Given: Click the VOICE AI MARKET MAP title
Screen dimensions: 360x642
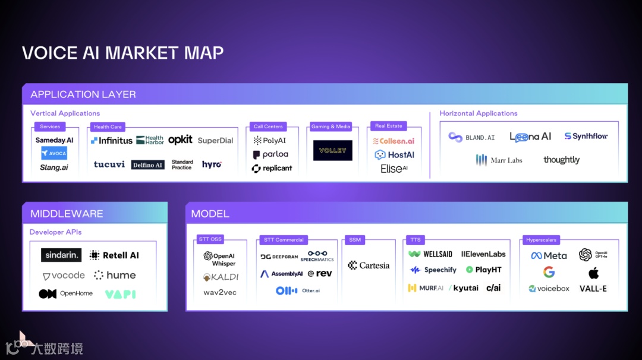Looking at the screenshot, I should click(x=122, y=53).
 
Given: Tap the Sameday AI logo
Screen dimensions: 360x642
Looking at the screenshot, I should click(x=54, y=140).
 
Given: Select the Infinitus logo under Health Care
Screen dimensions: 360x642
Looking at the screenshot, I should click(x=112, y=141).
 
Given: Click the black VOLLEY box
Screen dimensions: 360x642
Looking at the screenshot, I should click(x=333, y=150).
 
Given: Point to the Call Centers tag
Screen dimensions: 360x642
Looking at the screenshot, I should click(x=268, y=127).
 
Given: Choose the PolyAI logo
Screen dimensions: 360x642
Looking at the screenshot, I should click(x=270, y=141).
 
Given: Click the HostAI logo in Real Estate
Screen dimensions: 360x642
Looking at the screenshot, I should click(x=394, y=155).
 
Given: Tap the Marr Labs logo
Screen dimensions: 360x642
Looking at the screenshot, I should click(x=499, y=160).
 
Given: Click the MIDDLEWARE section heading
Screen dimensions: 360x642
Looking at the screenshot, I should click(x=67, y=214).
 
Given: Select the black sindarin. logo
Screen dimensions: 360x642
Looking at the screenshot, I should click(x=61, y=255).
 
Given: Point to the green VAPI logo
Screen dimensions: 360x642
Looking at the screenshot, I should click(x=120, y=294).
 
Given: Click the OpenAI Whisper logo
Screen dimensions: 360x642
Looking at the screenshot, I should click(x=219, y=260).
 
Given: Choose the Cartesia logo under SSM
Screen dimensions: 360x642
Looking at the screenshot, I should click(x=369, y=266).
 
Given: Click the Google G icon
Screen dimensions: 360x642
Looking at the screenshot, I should click(x=549, y=273).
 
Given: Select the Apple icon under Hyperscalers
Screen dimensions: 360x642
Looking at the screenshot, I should click(x=593, y=273).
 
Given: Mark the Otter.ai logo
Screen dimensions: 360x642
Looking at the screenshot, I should click(x=298, y=290).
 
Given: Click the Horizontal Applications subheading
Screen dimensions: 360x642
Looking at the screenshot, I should click(x=479, y=113).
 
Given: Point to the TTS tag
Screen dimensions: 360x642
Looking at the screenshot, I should click(x=415, y=240).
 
